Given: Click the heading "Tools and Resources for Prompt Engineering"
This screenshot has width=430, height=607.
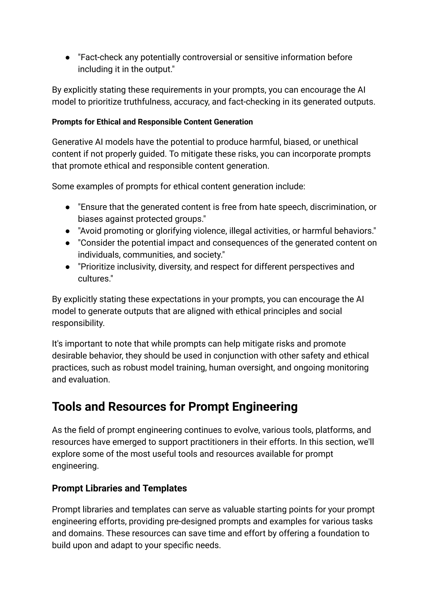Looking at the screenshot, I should pyautogui.click(x=175, y=407).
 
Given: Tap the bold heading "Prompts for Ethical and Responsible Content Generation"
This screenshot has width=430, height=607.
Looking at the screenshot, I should pyautogui.click(x=152, y=122).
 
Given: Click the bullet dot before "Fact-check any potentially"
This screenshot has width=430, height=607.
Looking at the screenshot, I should pyautogui.click(x=68, y=57).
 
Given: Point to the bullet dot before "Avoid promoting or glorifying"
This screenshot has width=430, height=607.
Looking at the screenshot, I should pyautogui.click(x=68, y=231).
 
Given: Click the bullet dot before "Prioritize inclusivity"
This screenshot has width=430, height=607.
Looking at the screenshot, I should pyautogui.click(x=68, y=267).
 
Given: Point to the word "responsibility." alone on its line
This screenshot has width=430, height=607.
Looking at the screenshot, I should pyautogui.click(x=78, y=323).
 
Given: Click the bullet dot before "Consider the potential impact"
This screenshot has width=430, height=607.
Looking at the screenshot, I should pyautogui.click(x=68, y=243).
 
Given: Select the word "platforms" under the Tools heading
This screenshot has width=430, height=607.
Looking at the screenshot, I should pyautogui.click(x=333, y=430).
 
